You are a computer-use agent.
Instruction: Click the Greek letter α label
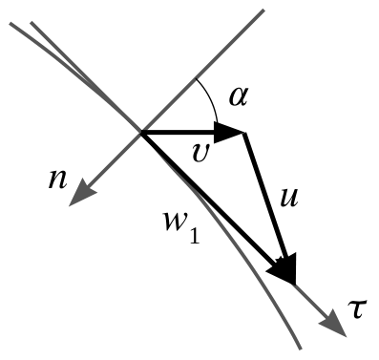tap(238, 96)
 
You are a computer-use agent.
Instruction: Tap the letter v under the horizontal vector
tap(201, 153)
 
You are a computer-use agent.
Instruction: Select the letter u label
tap(289, 198)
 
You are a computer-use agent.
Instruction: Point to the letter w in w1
tap(176, 222)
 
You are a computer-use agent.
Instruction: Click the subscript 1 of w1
tap(195, 236)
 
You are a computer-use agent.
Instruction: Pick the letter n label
tap(57, 180)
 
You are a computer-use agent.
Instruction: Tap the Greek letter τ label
tap(357, 308)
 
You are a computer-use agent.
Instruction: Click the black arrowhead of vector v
tap(228, 133)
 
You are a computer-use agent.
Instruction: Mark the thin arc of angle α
tap(211, 97)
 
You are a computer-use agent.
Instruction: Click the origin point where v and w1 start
tap(141, 133)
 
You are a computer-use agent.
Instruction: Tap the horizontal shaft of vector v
tap(179, 133)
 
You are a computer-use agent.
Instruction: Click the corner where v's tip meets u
tap(244, 133)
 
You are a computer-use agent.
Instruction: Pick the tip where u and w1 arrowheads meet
tap(294, 284)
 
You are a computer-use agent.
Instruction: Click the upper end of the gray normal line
tap(263, 11)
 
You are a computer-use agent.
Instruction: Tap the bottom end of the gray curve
tap(300, 349)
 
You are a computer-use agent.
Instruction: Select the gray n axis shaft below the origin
tap(113, 161)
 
